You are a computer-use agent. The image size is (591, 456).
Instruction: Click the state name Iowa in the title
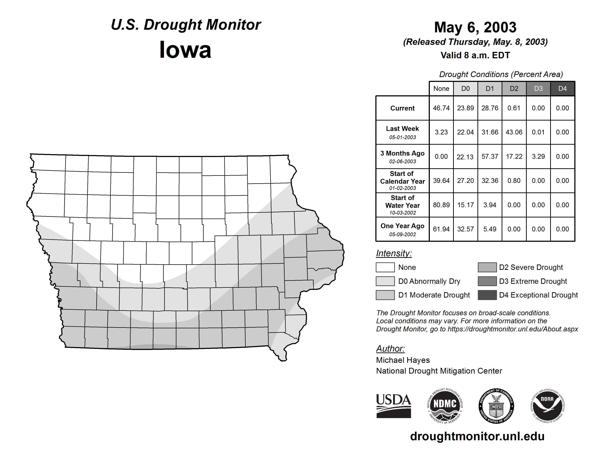[x=185, y=50]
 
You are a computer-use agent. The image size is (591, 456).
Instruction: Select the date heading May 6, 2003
[x=475, y=27]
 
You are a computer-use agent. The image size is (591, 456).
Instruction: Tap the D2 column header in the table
[x=514, y=89]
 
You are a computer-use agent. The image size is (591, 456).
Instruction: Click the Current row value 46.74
[x=441, y=108]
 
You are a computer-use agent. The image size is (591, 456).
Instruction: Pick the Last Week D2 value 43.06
[x=514, y=132]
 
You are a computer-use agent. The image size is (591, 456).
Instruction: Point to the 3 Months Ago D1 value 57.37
[x=489, y=156]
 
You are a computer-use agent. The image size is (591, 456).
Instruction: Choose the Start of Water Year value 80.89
[x=441, y=205]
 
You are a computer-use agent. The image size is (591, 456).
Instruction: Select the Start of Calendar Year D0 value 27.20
[x=465, y=180]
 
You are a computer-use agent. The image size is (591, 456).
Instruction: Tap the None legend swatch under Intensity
[x=385, y=267]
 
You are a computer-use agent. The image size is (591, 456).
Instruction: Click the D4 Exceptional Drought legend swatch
[x=487, y=295]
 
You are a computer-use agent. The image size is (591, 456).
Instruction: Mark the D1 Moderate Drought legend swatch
[x=385, y=295]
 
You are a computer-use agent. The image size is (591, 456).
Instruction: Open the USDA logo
[x=393, y=406]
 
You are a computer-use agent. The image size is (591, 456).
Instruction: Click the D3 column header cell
[x=538, y=89]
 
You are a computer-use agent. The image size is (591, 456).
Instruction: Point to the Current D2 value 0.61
[x=514, y=108]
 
